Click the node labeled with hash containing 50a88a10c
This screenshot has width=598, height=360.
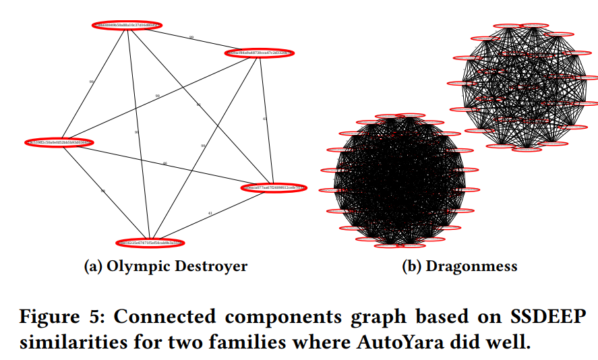pos(127,26)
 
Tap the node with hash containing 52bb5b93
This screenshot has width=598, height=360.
pos(59,142)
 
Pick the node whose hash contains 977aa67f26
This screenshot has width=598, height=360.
pos(273,187)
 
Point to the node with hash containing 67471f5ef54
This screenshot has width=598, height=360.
pos(150,243)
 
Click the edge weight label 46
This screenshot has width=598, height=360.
pos(165,164)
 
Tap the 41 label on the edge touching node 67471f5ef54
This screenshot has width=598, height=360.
pos(210,214)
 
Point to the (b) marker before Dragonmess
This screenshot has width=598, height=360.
pos(411,266)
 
